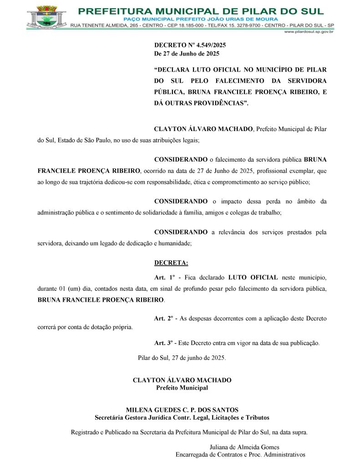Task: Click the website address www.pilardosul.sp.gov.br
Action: coord(309,32)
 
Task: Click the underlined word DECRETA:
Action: coord(171,263)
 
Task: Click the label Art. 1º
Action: coord(165,277)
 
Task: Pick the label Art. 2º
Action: coord(165,318)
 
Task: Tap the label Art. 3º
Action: coord(165,343)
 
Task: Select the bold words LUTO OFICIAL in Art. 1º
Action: coord(253,277)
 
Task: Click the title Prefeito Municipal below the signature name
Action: coord(182,388)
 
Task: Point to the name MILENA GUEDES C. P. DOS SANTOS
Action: coord(182,410)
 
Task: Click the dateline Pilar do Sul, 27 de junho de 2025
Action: coord(182,357)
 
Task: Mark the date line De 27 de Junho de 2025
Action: coord(187,53)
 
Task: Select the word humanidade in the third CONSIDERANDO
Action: coord(175,243)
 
